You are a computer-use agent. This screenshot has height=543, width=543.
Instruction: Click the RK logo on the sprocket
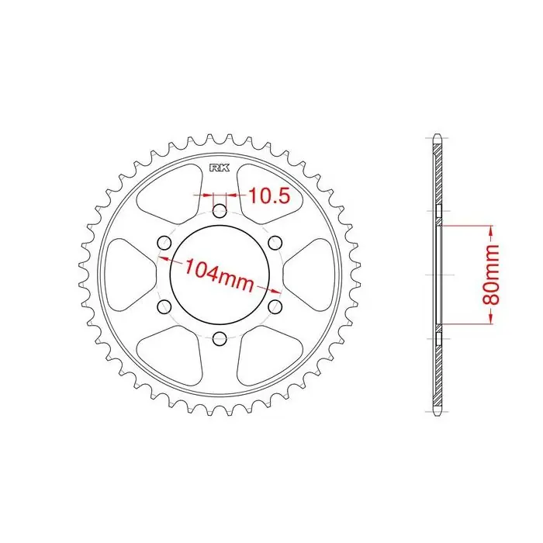click(x=220, y=168)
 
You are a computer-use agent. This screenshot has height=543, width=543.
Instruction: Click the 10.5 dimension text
click(x=269, y=196)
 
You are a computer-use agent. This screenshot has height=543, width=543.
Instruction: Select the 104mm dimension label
click(x=220, y=275)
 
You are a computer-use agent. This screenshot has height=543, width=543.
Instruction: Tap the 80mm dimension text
click(x=491, y=275)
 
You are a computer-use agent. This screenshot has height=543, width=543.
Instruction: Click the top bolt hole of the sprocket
click(x=220, y=211)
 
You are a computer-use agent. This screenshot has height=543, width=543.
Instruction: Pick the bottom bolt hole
click(x=220, y=339)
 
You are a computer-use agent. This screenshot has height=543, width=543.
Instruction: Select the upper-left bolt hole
click(x=164, y=243)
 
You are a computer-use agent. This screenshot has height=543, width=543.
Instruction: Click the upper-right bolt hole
click(x=275, y=243)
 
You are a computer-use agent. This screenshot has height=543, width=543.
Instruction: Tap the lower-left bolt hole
click(x=164, y=306)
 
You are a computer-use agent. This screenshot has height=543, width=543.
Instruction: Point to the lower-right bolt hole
click(x=275, y=306)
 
